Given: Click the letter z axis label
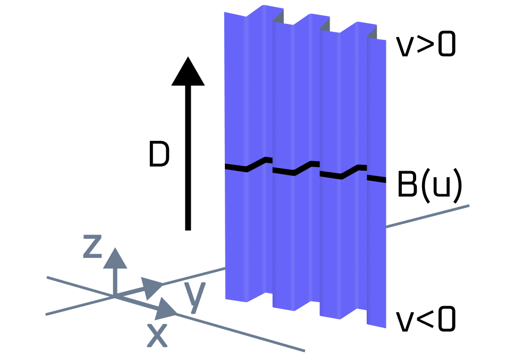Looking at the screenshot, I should click(x=92, y=246).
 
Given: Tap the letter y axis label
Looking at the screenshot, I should click(x=195, y=297).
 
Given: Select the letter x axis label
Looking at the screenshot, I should click(x=157, y=335).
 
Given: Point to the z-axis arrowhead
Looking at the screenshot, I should click(x=115, y=258).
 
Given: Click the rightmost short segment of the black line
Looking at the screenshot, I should click(x=376, y=179).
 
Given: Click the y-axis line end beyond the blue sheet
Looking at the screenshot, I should click(x=468, y=206).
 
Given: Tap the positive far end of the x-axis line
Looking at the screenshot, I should click(x=304, y=350).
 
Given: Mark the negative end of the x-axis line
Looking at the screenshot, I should click(x=48, y=277).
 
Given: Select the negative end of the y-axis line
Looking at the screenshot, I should click(x=47, y=314).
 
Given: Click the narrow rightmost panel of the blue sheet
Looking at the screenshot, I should click(x=376, y=239).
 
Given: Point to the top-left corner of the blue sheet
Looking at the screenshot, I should click(x=224, y=12).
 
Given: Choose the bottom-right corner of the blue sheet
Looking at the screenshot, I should click(x=385, y=328).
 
